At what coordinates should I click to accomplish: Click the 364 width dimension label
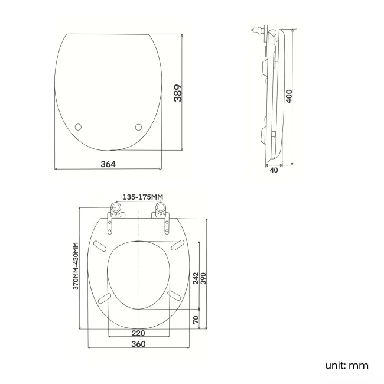tap(108, 164)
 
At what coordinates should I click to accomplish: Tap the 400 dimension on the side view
tap(289, 96)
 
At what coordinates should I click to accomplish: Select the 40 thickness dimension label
tap(274, 170)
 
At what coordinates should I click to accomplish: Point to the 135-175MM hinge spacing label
tap(142, 197)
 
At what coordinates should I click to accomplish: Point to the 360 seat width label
tap(138, 344)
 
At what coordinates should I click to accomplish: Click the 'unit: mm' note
tap(346, 365)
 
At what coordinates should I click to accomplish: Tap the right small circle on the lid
tap(139, 126)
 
